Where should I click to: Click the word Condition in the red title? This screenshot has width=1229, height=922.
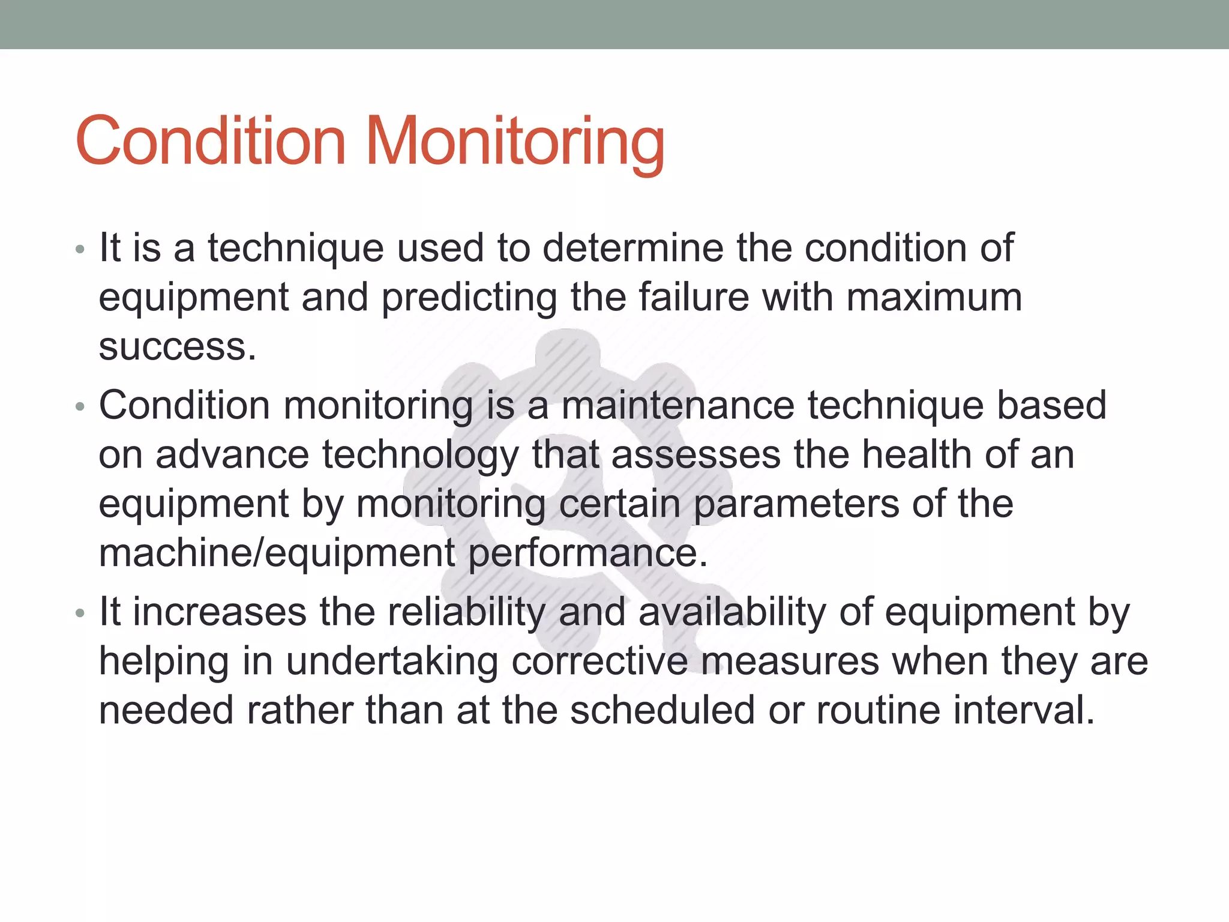211,142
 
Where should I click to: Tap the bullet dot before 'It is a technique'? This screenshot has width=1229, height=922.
80,249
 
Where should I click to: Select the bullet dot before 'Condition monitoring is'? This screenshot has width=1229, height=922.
80,407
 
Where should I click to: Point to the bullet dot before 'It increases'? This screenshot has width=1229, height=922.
80,613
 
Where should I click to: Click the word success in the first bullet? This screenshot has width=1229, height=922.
177,347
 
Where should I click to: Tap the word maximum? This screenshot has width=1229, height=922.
934,298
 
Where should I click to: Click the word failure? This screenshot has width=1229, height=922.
693,298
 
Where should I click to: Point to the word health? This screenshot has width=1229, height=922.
915,454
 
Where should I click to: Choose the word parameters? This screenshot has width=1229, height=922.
796,504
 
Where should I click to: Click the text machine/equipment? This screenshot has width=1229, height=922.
277,553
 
